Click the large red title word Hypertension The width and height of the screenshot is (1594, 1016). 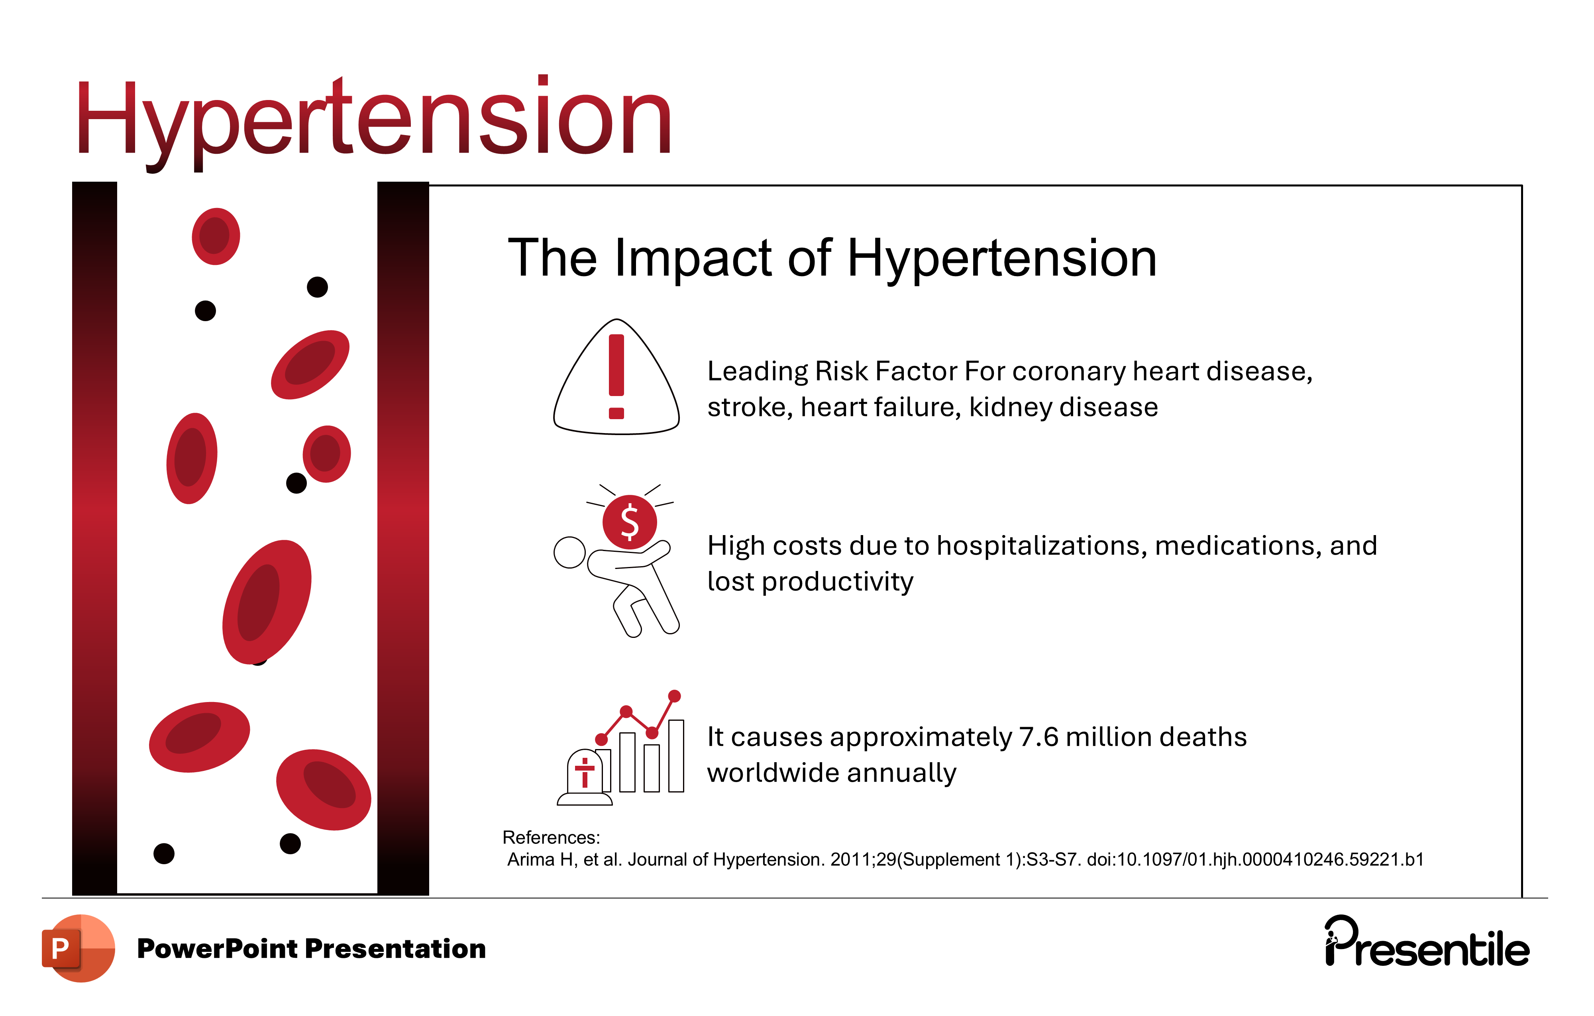374,122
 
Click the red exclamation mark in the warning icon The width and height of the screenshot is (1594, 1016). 616,377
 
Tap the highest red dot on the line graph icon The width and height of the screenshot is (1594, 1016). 675,696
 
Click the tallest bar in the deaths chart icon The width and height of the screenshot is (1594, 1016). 676,756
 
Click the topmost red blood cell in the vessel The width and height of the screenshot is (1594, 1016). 216,236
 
